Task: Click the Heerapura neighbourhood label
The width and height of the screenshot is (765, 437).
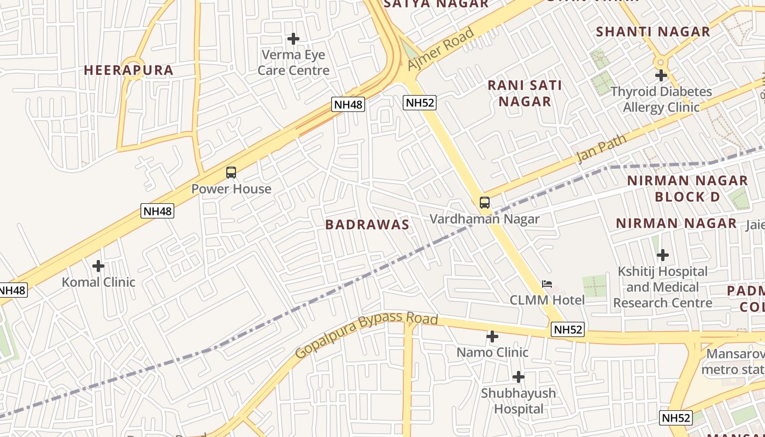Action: [x=128, y=70]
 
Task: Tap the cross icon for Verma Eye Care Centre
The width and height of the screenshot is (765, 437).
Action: [x=293, y=39]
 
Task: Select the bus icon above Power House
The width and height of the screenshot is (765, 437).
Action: [x=231, y=173]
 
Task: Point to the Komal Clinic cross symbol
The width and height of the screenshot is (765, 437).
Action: [x=98, y=266]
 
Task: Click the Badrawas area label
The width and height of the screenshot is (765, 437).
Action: [x=367, y=225]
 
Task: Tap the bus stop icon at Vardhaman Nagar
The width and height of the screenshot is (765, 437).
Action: [x=485, y=203]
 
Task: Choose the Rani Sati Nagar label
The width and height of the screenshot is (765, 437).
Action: [x=525, y=93]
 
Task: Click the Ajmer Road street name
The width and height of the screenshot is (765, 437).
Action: [x=440, y=49]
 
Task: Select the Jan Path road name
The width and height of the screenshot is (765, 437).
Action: [x=602, y=149]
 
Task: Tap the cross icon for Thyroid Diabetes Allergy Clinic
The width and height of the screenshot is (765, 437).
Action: [x=661, y=75]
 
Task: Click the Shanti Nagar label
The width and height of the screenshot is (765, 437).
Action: [x=653, y=32]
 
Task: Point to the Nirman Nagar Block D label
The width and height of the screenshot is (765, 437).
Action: [x=687, y=188]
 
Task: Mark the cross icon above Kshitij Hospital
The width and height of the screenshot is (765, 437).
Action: [x=663, y=255]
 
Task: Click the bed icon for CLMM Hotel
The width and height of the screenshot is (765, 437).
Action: [x=547, y=284]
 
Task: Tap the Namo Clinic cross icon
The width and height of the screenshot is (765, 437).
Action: [x=492, y=336]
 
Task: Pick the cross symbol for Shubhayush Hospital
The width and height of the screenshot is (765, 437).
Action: [x=519, y=377]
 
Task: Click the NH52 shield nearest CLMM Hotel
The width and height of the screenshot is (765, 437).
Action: [x=568, y=329]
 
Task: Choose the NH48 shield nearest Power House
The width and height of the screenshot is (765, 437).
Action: [x=157, y=211]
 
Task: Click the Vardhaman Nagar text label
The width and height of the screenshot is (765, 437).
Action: [x=485, y=219]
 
